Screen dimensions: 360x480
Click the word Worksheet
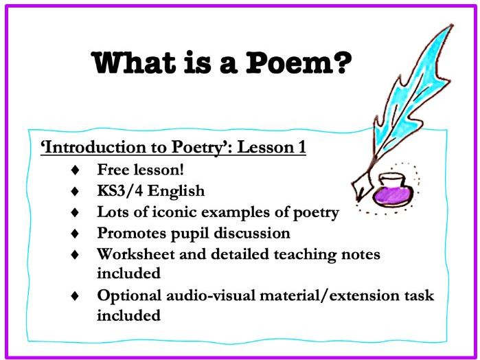tap(131, 255)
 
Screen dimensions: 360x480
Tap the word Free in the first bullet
tap(111, 169)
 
